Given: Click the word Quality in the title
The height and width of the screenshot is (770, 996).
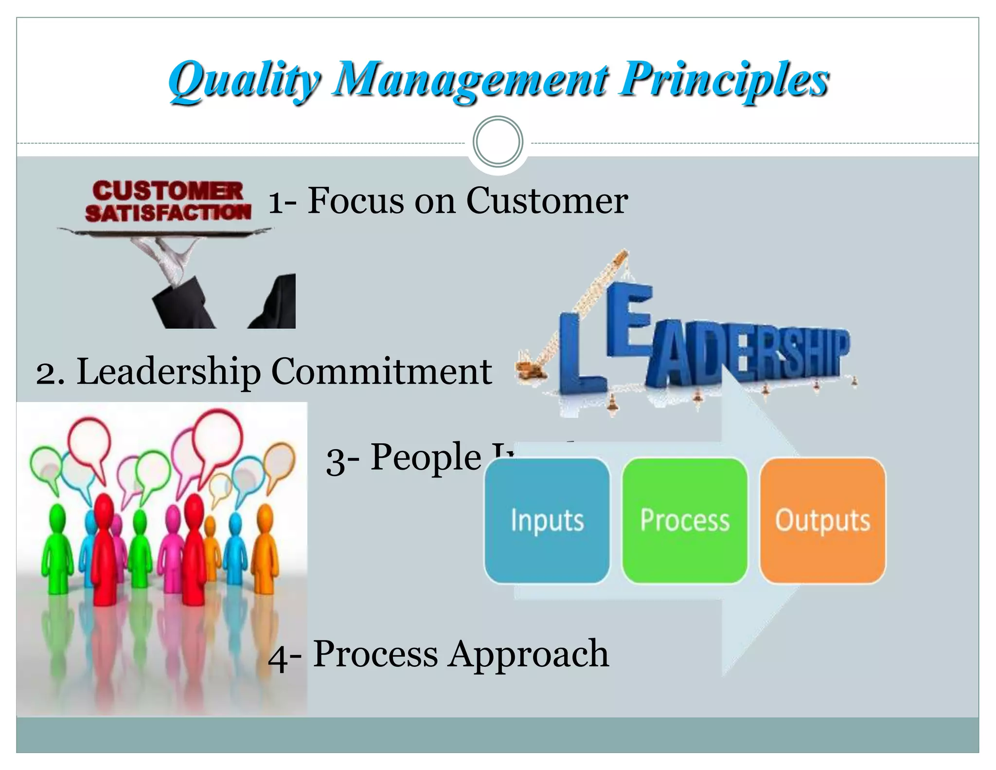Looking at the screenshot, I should pyautogui.click(x=243, y=80).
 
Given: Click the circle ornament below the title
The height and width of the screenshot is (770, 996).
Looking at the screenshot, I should pyautogui.click(x=498, y=142).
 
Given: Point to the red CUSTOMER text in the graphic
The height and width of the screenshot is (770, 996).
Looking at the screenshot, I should pyautogui.click(x=168, y=190).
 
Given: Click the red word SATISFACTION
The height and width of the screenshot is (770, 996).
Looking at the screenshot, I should pyautogui.click(x=168, y=213).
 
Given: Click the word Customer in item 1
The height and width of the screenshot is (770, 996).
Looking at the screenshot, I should pyautogui.click(x=547, y=201).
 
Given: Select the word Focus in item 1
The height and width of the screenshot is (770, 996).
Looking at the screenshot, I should pyautogui.click(x=356, y=201).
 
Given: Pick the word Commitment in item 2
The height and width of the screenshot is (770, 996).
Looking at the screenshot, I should pyautogui.click(x=381, y=372).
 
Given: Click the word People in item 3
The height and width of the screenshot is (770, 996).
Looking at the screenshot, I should pyautogui.click(x=426, y=458).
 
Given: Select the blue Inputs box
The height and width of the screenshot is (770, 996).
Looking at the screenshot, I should pyautogui.click(x=547, y=520).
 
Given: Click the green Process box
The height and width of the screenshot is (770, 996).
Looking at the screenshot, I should pyautogui.click(x=685, y=520).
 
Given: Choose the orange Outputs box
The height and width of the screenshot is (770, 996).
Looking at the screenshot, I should pyautogui.click(x=822, y=520).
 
